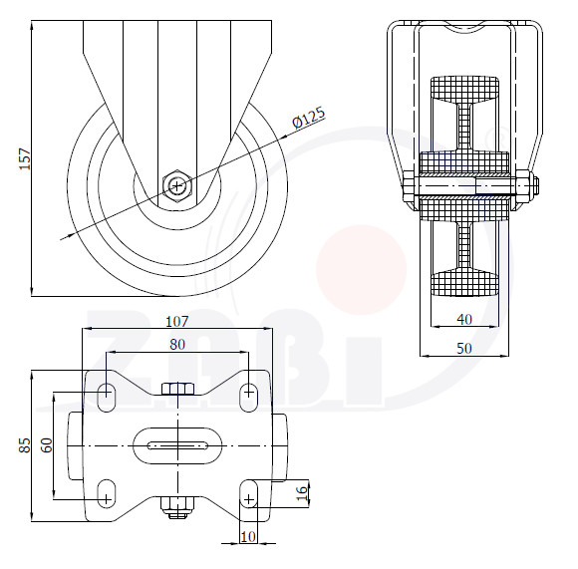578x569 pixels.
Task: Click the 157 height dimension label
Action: point(25,158)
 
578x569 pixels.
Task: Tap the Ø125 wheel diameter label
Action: point(309,118)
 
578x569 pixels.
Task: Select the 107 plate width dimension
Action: point(177,321)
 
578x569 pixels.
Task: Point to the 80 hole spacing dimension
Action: point(177,344)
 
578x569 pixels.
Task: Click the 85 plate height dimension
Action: point(25,445)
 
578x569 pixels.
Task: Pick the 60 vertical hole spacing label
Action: point(47,445)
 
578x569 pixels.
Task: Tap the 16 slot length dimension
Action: point(301,493)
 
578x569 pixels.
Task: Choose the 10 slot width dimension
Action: point(248,536)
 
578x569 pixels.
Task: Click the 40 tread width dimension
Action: point(464,319)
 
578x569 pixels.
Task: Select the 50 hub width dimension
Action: point(464,348)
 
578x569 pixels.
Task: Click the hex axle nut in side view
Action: point(177,185)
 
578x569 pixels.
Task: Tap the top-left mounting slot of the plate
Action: point(107,397)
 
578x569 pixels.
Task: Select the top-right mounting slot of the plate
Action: point(249,398)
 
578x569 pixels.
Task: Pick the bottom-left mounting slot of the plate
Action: point(107,494)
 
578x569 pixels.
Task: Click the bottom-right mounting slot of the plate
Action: point(249,494)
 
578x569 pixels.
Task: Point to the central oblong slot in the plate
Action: point(177,445)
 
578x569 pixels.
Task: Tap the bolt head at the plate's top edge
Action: point(177,389)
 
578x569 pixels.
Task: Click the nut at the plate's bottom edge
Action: point(177,507)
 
